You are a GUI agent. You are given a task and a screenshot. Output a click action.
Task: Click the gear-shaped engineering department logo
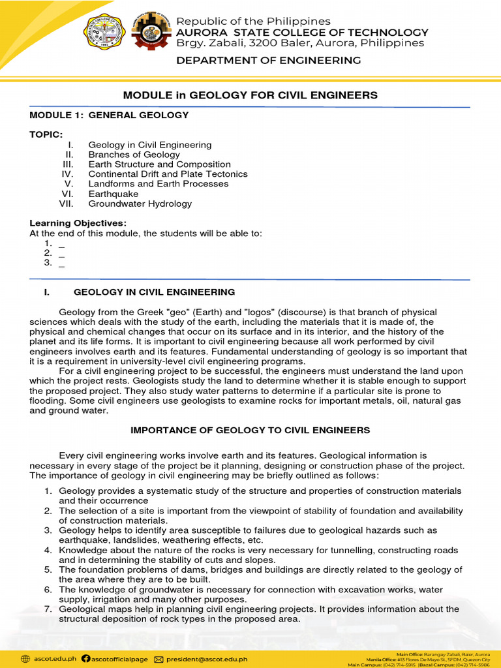click(151, 31)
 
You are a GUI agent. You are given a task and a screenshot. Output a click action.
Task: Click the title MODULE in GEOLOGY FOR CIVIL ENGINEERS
click(250, 95)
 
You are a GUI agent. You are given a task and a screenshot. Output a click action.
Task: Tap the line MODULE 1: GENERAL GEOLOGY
click(109, 115)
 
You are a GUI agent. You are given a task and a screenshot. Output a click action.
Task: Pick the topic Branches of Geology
click(134, 155)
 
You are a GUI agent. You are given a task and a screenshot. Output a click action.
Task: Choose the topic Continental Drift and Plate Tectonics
click(168, 174)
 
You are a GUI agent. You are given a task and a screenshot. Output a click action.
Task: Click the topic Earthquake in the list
click(114, 194)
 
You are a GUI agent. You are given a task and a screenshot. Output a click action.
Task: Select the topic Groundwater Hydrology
click(140, 204)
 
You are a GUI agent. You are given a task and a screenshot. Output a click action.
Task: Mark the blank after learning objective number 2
click(61, 253)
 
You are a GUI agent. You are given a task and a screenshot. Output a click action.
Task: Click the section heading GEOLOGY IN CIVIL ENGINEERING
click(154, 292)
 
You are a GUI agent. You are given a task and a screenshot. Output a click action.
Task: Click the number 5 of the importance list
click(48, 569)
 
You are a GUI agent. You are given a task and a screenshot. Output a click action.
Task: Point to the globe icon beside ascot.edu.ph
click(25, 659)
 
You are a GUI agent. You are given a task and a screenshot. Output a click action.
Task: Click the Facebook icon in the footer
click(86, 659)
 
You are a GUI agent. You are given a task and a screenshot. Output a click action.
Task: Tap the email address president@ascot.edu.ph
click(207, 659)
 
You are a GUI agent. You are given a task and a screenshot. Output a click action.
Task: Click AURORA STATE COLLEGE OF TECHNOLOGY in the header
click(303, 33)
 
